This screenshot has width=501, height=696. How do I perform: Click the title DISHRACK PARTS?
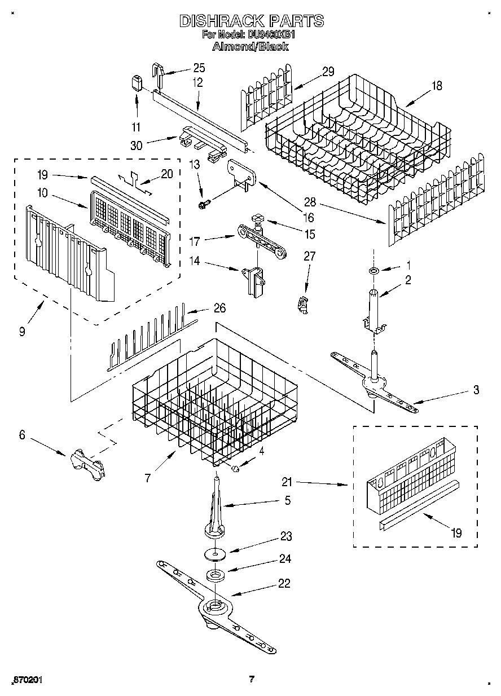251,21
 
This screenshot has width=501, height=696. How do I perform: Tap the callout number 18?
437,86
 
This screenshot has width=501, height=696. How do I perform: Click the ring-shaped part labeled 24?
214,576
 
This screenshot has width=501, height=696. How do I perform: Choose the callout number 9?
21,332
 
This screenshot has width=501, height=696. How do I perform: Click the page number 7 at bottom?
252,679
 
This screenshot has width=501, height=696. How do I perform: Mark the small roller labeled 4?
236,468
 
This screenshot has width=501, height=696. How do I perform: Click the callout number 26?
219,308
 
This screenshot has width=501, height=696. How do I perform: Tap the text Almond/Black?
250,47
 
